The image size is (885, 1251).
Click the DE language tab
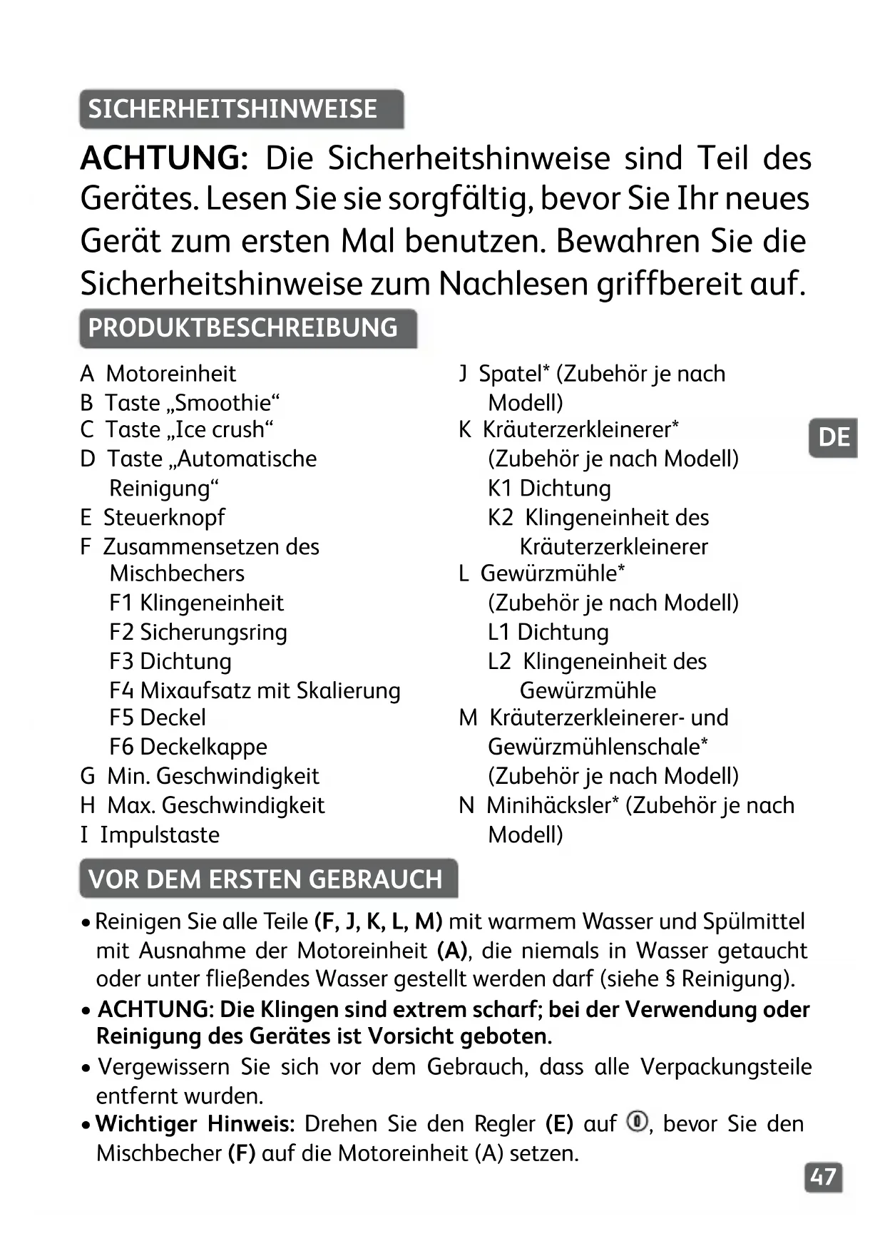(x=833, y=437)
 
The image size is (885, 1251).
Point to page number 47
(x=823, y=1177)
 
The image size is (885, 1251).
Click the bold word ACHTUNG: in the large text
(x=164, y=158)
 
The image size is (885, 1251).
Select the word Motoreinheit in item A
(x=170, y=374)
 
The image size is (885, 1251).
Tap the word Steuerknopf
(x=164, y=518)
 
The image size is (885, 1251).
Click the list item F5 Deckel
(x=158, y=718)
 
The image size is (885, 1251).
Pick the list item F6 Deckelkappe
(x=188, y=747)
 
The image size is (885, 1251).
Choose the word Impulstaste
(x=160, y=834)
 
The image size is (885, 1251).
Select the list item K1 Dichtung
(x=549, y=489)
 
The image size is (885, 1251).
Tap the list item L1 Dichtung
(x=548, y=633)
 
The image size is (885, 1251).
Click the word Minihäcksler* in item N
(x=553, y=805)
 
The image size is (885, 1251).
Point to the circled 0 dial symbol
(x=637, y=1122)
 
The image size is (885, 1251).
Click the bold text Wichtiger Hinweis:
(x=195, y=1124)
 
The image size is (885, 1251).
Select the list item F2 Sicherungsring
(x=198, y=633)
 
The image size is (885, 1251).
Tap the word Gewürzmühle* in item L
(x=553, y=573)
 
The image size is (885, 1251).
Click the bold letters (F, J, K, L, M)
(x=378, y=921)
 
